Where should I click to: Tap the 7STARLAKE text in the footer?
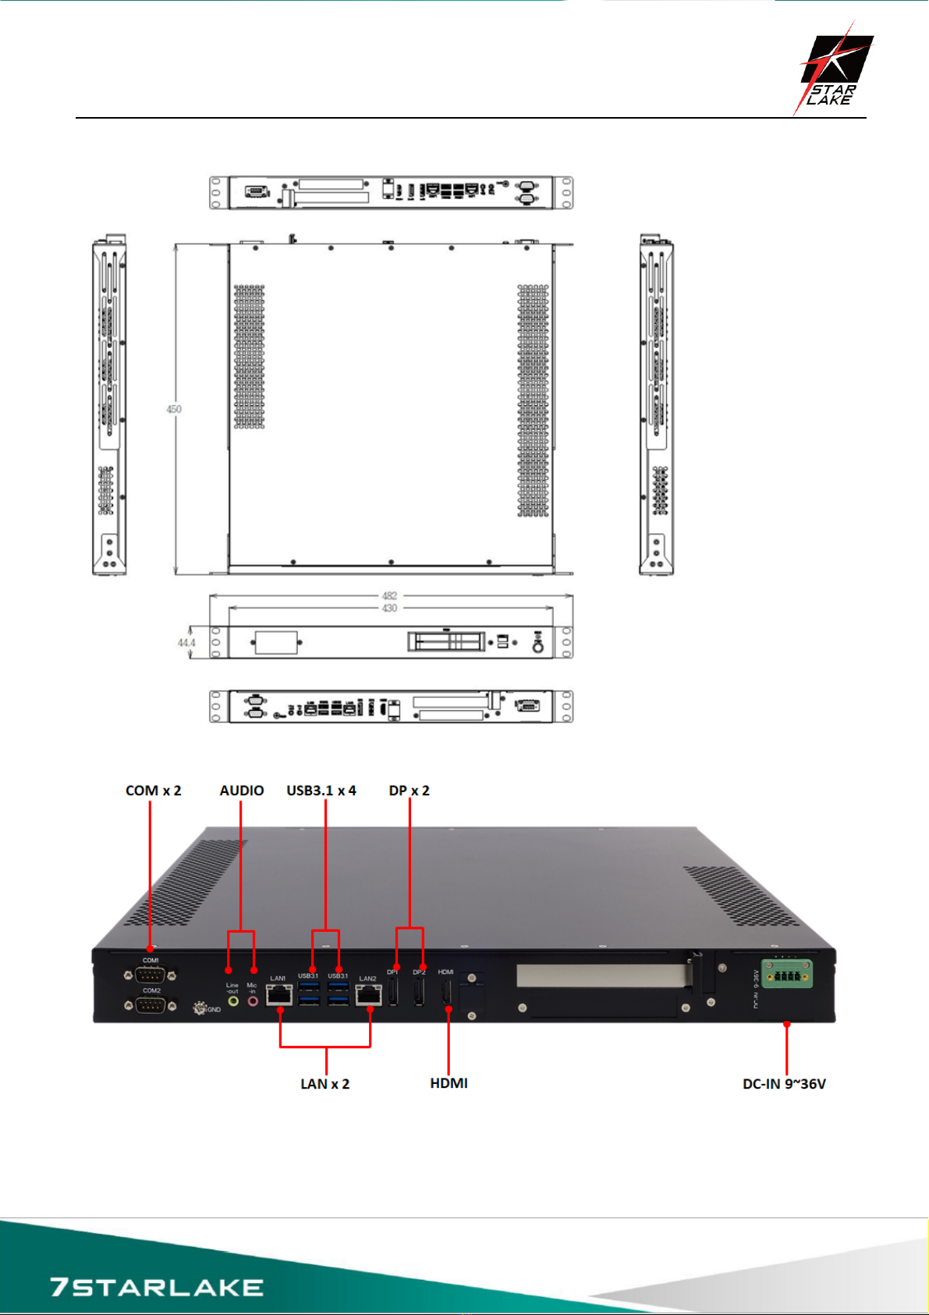point(156,1286)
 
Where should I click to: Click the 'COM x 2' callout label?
point(154,791)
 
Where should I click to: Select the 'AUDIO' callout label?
point(242,791)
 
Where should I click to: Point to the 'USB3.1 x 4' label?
point(321,791)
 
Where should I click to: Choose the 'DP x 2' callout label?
point(410,791)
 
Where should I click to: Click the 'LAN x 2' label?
point(325,1084)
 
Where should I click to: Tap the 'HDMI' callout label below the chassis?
point(449,1083)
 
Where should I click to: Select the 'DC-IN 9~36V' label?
point(784,1084)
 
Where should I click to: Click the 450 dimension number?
point(174,409)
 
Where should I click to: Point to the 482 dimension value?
point(390,595)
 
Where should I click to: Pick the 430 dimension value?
point(390,608)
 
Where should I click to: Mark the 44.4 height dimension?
point(186,643)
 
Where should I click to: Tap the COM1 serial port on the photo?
point(150,974)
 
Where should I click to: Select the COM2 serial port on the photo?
point(150,1004)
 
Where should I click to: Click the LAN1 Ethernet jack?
point(279,995)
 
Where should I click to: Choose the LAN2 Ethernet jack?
point(367,995)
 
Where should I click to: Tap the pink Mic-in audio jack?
point(252,1000)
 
